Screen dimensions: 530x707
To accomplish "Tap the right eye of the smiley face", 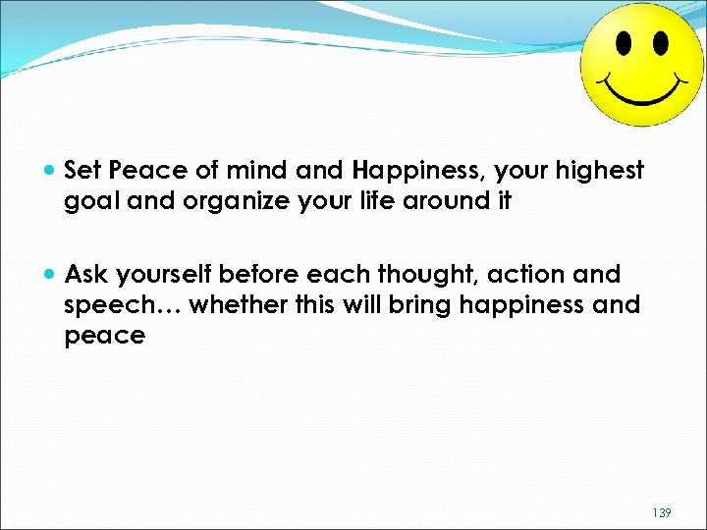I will [660, 43].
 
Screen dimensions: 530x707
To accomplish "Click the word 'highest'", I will [601, 171].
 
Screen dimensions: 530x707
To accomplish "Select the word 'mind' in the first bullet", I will [259, 171].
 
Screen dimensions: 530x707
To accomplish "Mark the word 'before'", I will [254, 275].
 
